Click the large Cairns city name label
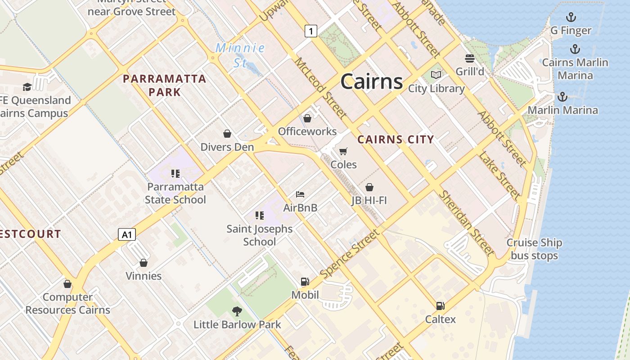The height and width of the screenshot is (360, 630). pos(371,81)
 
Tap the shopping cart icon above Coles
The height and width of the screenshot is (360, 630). pos(343,152)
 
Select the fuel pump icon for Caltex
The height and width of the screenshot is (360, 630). pos(440,306)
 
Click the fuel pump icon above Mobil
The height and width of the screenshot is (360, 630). pos(305,282)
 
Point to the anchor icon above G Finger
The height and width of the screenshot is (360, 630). pos(571,18)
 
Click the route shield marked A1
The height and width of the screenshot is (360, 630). pos(127,234)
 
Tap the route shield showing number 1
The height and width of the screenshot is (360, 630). pos(310,31)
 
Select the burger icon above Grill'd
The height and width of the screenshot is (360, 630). pos(470,58)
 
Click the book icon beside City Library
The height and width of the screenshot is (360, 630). pos(436,75)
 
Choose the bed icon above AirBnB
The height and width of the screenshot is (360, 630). pos(300,194)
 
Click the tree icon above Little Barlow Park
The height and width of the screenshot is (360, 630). pos(237,311)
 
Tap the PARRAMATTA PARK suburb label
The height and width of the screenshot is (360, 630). pos(164,85)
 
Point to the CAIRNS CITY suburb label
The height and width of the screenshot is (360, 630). pos(396,139)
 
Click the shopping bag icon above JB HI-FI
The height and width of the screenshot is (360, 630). pos(369,187)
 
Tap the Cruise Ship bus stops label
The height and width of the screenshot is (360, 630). pos(534,249)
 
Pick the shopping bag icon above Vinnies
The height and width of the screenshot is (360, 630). pos(143,263)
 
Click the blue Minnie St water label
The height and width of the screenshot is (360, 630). pos(240,55)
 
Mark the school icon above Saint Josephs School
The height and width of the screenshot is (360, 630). pos(259,216)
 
